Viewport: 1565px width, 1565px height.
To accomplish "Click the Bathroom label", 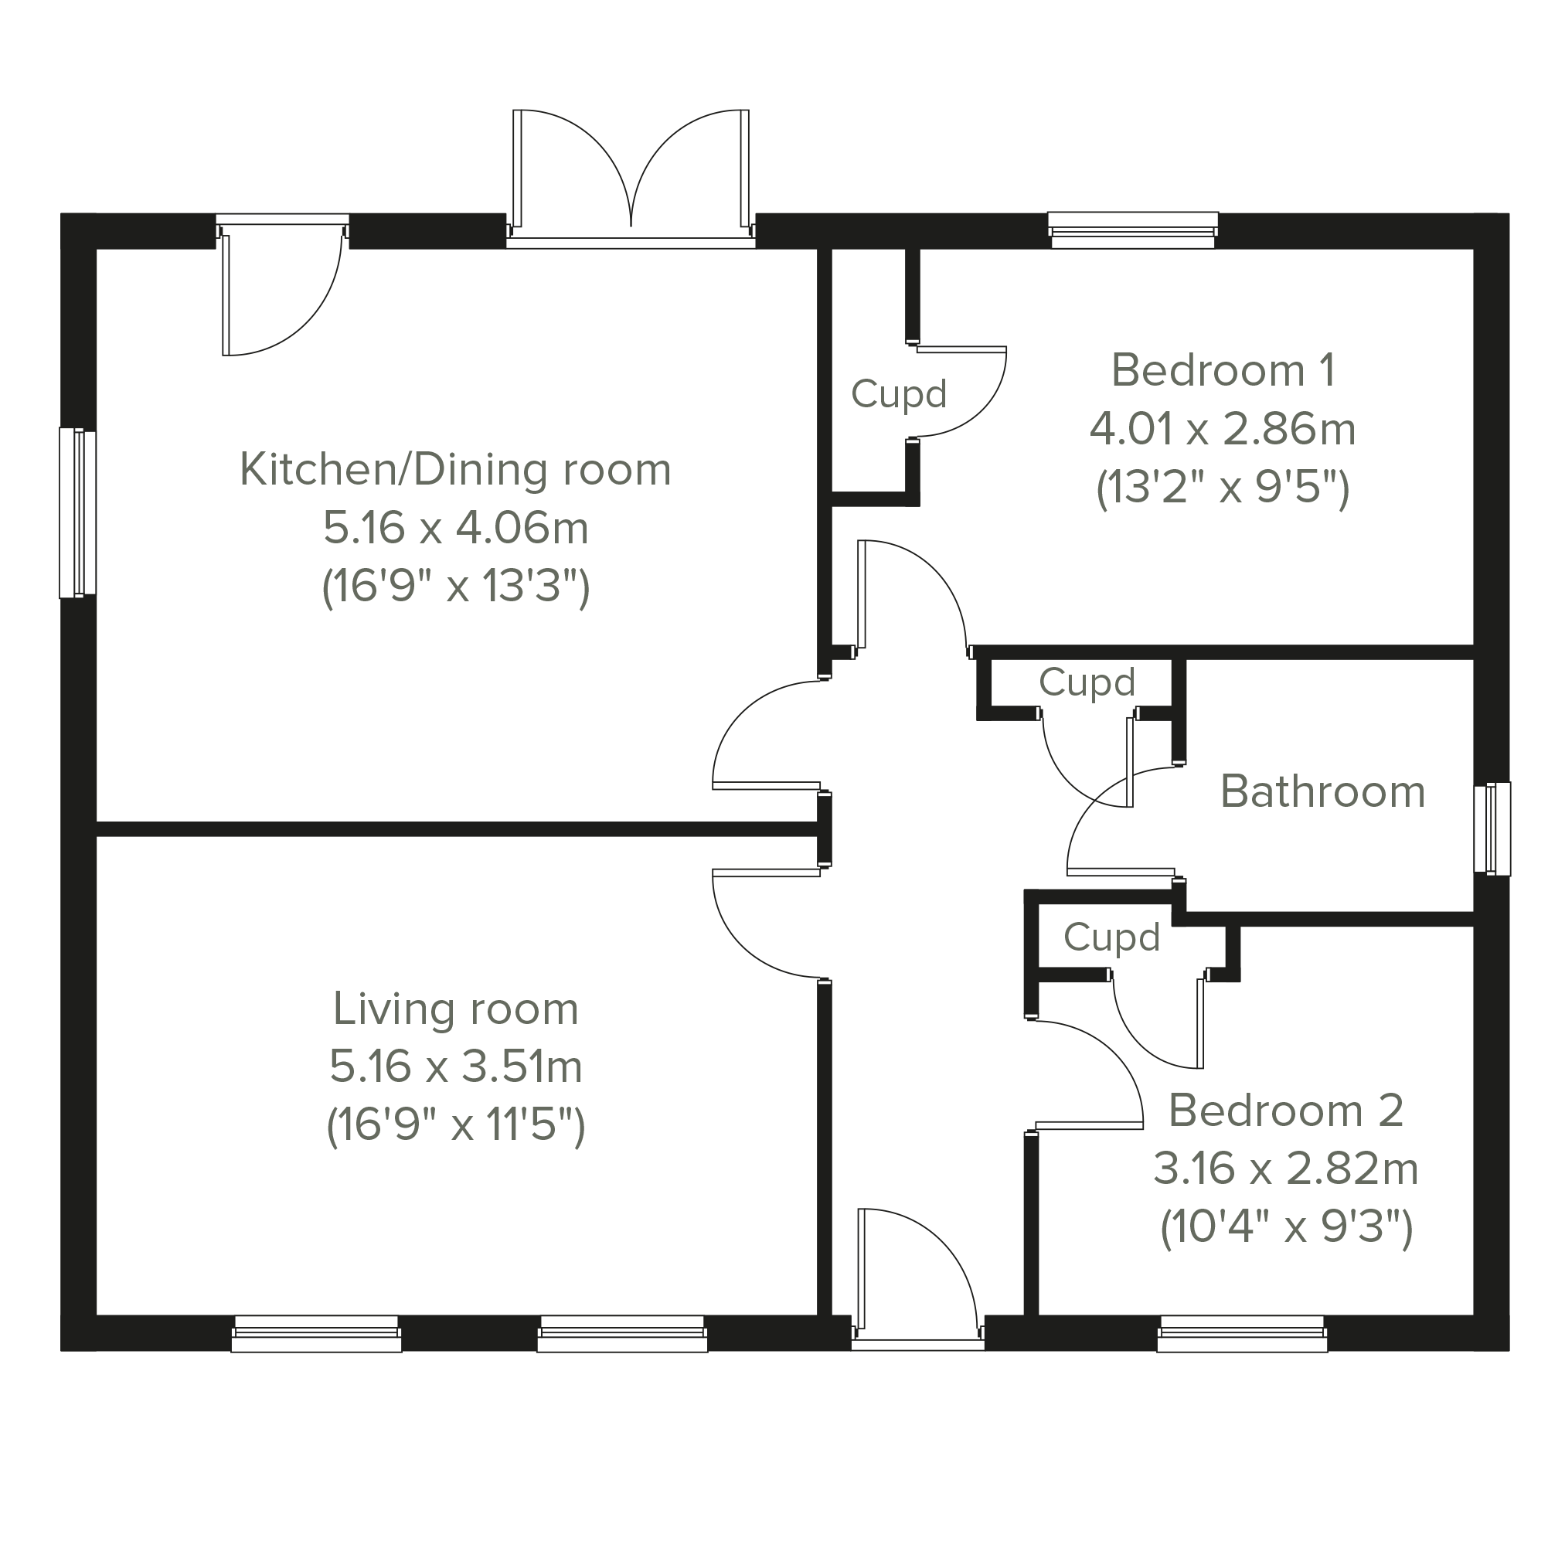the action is point(1323,791).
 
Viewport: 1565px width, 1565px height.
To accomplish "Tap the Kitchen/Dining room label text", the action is point(455,470).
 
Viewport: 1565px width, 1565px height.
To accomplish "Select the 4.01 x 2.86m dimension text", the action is point(1223,430).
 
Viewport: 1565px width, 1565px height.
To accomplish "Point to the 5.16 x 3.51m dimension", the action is point(455,1067).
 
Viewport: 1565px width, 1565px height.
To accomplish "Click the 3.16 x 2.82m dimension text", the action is point(1285,1169).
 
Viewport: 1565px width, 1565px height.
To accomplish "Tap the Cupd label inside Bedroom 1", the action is point(898,394).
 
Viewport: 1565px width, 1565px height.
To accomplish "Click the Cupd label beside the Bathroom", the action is point(1087,682).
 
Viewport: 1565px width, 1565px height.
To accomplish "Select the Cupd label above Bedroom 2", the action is point(1111,937).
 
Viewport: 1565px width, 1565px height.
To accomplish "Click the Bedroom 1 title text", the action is point(1223,370).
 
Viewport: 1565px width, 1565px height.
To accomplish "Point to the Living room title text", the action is point(455,1009).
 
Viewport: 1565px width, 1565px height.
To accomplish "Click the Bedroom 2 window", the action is point(1242,1334).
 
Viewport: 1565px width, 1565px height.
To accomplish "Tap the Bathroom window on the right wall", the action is point(1492,828).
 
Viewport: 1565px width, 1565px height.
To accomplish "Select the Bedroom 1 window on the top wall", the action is point(1132,230).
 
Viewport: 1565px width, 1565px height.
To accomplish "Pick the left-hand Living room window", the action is point(316,1334).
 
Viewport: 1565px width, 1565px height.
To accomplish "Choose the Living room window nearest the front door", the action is point(622,1334).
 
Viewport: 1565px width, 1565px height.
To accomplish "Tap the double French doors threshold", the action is point(631,243).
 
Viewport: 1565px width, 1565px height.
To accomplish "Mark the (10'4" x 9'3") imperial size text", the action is point(1286,1228).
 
